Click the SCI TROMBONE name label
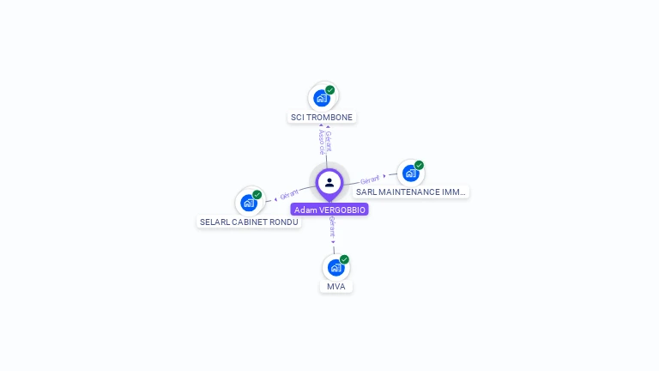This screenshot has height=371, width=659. click(322, 117)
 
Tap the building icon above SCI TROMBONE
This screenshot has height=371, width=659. click(322, 98)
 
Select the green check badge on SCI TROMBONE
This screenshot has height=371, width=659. click(330, 89)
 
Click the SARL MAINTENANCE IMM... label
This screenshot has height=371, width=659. click(411, 192)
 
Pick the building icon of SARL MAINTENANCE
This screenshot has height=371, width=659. click(410, 173)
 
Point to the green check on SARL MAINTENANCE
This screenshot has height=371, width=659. click(419, 165)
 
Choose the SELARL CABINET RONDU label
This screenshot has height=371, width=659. click(249, 222)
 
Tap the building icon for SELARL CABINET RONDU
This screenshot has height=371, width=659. click(248, 203)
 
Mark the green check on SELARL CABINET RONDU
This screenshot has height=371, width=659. click(257, 194)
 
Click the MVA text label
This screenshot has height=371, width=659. click(336, 286)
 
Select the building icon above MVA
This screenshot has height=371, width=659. click(336, 267)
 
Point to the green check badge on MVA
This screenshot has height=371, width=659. click(344, 258)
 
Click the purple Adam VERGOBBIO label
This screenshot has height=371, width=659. click(329, 210)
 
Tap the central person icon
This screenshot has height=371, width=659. click(329, 182)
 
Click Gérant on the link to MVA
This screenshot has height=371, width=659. click(333, 228)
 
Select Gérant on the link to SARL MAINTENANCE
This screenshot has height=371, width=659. click(370, 179)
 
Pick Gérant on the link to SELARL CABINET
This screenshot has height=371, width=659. click(289, 195)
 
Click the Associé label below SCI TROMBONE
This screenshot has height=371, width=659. click(320, 142)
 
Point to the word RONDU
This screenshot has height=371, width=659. click(282, 222)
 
